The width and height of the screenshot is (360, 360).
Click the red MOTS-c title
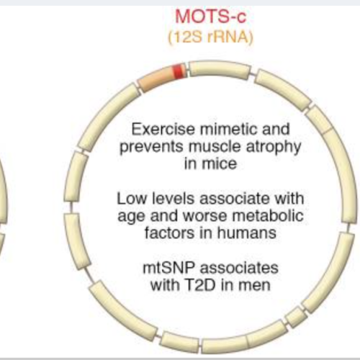(211, 17)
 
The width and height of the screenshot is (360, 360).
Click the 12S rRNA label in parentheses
(211, 37)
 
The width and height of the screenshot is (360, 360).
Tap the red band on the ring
(179, 71)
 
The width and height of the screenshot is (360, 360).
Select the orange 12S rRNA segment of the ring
(156, 78)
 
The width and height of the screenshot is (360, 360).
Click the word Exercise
(163, 129)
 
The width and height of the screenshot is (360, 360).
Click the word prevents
(151, 146)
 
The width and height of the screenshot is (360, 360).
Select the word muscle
(215, 146)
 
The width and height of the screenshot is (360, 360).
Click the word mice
(220, 163)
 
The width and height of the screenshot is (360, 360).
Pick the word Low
(132, 199)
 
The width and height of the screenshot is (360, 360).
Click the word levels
(173, 199)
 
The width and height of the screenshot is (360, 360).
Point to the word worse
(204, 216)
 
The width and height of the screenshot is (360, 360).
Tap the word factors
(169, 233)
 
